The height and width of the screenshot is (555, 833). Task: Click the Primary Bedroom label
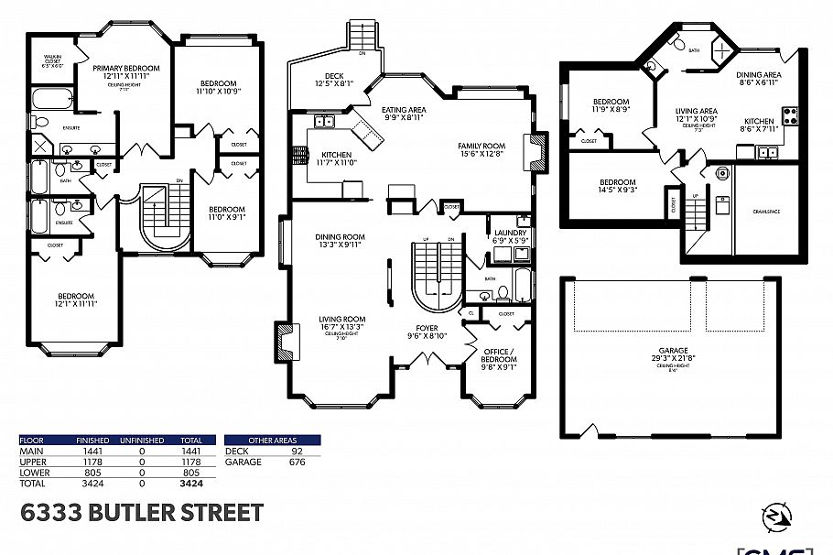pos(126,68)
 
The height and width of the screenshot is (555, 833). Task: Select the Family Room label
pos(481,146)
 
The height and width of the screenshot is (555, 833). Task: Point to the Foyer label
pos(427,327)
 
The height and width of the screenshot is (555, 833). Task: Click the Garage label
pos(672,349)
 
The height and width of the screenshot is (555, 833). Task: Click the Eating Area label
pos(403,110)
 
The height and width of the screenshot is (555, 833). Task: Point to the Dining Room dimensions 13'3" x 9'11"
pos(339,245)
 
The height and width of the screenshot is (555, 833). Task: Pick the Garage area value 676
pos(297,462)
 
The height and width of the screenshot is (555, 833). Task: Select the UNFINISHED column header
pos(141,441)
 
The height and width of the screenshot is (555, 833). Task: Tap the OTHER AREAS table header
pos(272,441)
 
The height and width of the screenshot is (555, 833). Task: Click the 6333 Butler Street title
pos(142,512)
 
